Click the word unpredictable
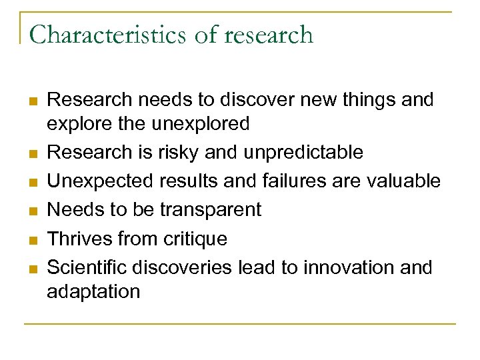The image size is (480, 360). point(303,152)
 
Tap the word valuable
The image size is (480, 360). point(407,181)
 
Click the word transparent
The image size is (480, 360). point(210,209)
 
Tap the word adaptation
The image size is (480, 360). point(93,291)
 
